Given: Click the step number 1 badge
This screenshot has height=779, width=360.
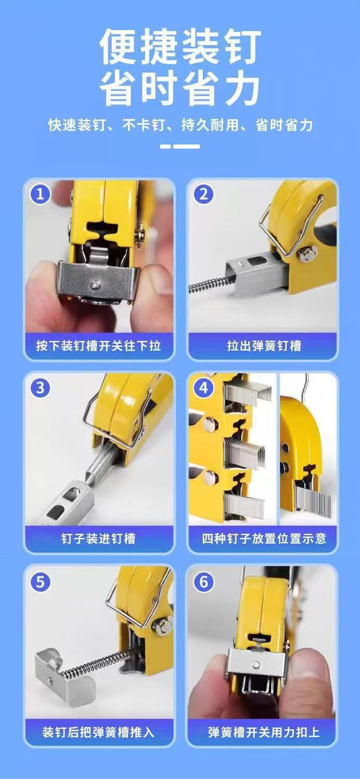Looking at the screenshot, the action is (40, 194).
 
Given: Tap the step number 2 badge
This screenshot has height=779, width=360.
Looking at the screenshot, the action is (203, 194).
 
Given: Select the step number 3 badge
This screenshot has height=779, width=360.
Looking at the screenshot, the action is (40, 387).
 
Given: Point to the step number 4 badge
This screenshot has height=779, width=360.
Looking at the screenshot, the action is (203, 387).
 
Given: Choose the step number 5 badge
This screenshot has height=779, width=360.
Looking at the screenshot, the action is (40, 582).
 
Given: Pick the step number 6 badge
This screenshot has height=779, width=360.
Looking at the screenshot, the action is (203, 582).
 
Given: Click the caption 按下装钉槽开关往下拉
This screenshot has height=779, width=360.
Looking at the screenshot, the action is (99, 346).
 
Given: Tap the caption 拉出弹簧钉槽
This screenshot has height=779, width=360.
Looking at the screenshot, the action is (264, 346).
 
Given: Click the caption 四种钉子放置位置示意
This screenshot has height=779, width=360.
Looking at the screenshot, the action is (264, 538).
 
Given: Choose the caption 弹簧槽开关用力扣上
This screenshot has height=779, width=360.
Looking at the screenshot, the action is (264, 732).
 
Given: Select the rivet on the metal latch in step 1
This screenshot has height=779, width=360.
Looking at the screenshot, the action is (95, 285).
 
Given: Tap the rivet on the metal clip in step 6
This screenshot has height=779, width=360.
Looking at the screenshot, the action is (256, 665).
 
